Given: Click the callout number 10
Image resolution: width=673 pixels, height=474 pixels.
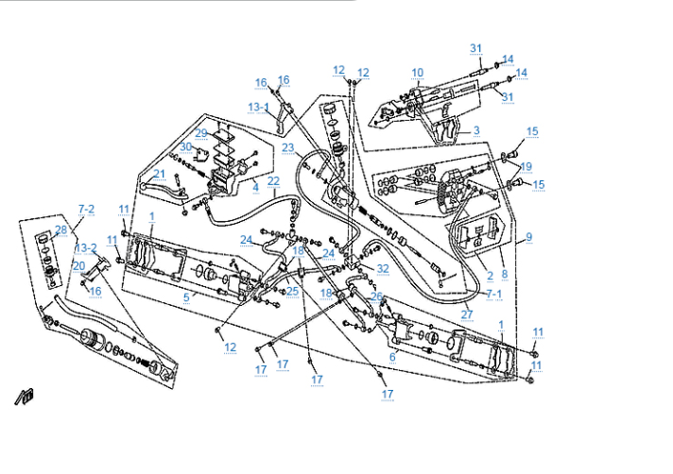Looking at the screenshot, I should (417, 72).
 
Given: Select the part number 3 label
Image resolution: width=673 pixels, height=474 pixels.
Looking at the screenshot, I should (476, 130).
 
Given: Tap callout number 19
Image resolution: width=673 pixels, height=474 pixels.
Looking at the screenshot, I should (526, 166).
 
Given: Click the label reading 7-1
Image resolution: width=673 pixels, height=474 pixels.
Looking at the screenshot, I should (494, 295).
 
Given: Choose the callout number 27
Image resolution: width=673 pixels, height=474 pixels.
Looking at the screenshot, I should (467, 313).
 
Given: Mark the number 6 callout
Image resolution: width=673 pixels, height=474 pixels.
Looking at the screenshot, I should (392, 357).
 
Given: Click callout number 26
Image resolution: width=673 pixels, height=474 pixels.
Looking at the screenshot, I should (375, 296).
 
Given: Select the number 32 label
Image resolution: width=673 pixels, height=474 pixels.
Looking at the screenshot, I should (382, 269).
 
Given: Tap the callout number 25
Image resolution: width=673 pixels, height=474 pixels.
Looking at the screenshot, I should (293, 292).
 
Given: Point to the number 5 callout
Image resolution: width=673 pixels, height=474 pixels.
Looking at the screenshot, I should (186, 296).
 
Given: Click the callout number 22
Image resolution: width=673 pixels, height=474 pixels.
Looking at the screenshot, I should (273, 180).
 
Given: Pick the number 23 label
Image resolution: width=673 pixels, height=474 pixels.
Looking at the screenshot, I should (288, 147).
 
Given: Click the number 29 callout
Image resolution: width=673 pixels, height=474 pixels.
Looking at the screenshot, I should (201, 133).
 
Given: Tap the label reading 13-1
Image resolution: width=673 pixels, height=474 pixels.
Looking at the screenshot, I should (259, 108).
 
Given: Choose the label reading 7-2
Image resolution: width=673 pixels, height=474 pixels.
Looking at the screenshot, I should (87, 208).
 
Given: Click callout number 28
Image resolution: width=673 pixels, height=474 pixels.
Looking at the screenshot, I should (60, 229).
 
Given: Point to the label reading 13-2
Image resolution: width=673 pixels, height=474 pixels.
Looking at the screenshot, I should (86, 247).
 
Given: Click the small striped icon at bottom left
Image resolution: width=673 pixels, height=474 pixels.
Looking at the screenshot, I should (23, 397).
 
